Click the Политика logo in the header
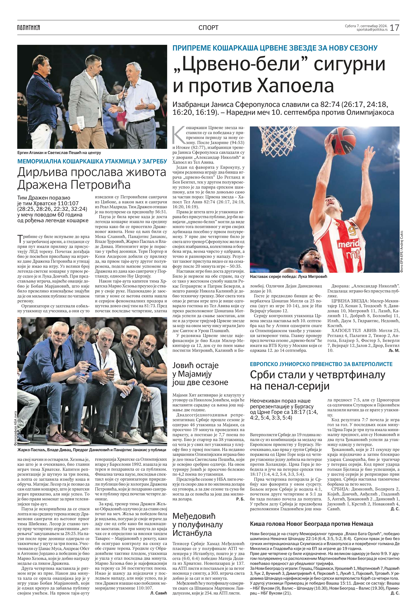pos(29,28)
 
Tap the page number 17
pos(394,28)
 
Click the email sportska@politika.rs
pos(372,30)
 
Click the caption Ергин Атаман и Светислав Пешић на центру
pos(59,153)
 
